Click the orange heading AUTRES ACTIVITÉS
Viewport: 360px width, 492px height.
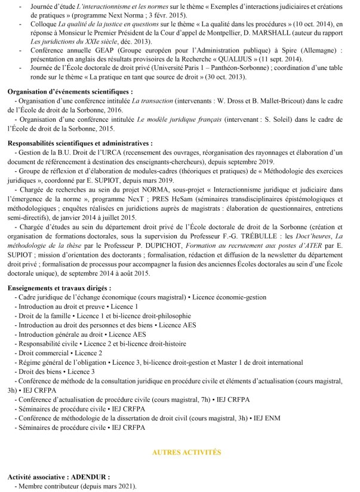pyautogui.click(x=187, y=453)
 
